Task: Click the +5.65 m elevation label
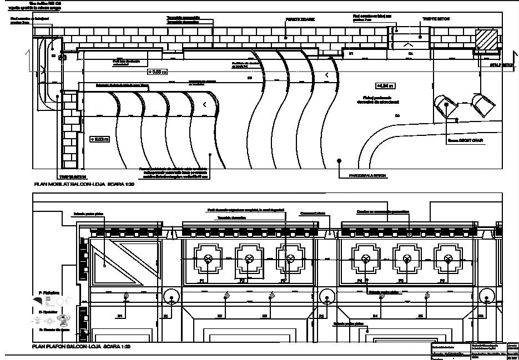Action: click(x=157, y=72)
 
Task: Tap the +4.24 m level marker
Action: click(x=385, y=86)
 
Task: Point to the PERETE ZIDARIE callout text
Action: click(x=300, y=19)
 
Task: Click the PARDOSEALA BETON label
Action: click(x=367, y=176)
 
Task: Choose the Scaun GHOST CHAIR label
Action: click(x=466, y=140)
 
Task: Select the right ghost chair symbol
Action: click(x=482, y=103)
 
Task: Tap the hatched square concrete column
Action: click(x=486, y=39)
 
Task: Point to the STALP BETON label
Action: click(x=502, y=65)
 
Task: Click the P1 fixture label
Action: click(x=203, y=281)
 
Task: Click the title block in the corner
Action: click(x=475, y=351)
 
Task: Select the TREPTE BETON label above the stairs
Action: click(x=436, y=19)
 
